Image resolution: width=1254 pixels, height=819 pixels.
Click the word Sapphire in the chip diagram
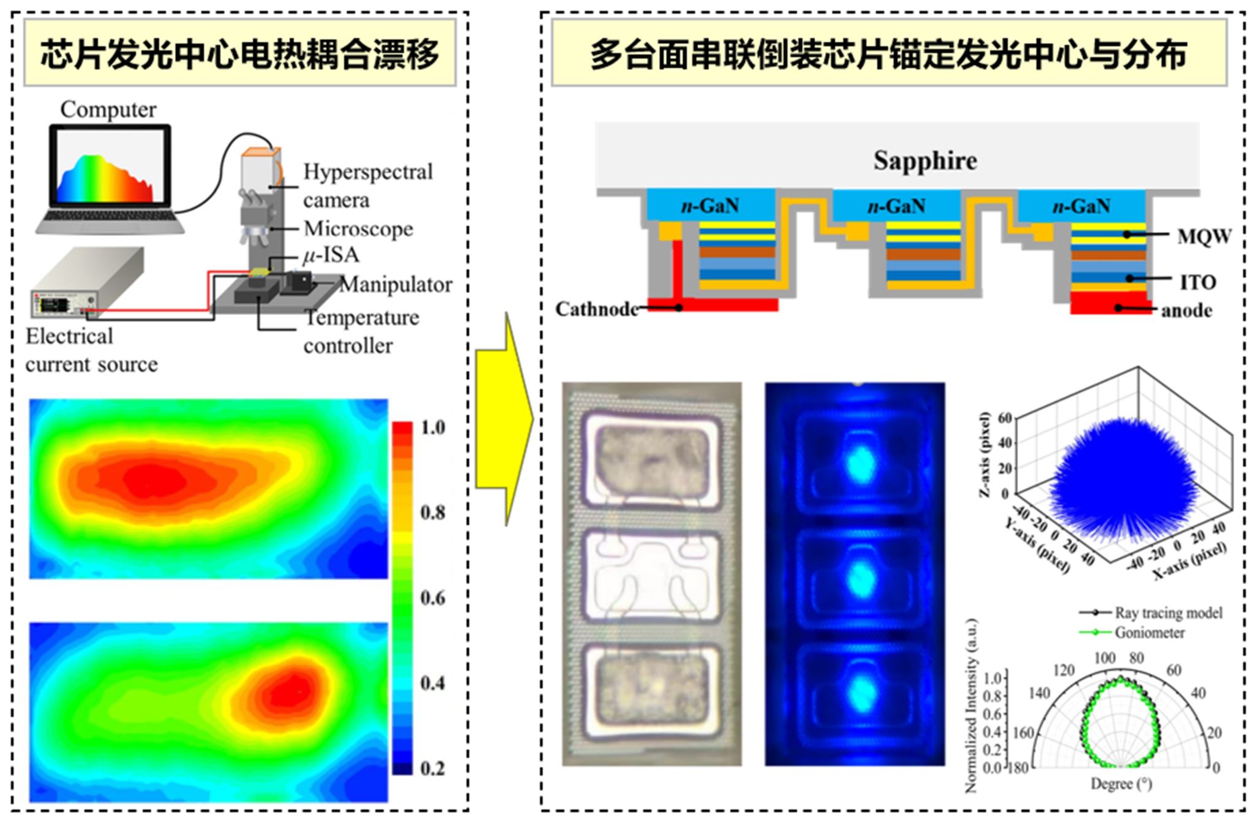[x=925, y=160]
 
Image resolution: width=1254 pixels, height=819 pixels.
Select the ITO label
[x=1198, y=282]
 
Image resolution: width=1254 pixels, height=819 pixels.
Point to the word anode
[x=1187, y=311]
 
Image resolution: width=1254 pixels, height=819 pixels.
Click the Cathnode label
[x=596, y=309]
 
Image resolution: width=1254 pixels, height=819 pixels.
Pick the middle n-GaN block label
[x=896, y=206]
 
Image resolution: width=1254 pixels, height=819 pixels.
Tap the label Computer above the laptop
[x=108, y=110]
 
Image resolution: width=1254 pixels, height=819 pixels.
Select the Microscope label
[x=358, y=228]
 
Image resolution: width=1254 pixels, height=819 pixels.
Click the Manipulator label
[x=396, y=285]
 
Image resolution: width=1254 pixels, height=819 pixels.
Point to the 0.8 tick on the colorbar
[x=433, y=512]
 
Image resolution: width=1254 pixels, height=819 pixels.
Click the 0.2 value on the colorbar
[x=433, y=768]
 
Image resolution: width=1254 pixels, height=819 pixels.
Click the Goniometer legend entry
[x=1149, y=633]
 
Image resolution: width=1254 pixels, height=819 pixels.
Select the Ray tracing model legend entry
[x=1168, y=613]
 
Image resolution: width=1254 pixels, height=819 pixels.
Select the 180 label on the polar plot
[x=1018, y=768]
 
